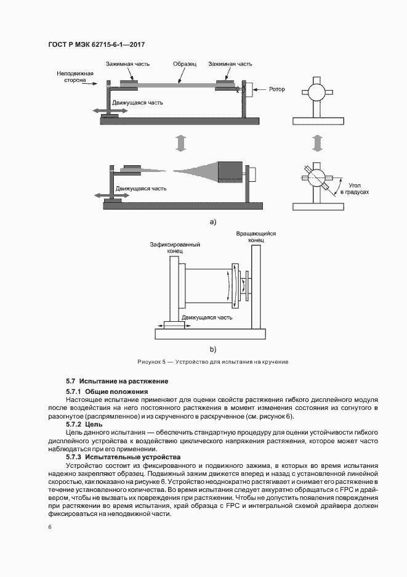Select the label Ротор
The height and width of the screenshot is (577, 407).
pyautogui.click(x=276, y=89)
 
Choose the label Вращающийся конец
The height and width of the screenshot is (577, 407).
pyautogui.click(x=256, y=237)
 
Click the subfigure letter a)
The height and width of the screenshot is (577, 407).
pyautogui.click(x=213, y=220)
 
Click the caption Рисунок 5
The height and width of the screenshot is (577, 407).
pyautogui.click(x=212, y=361)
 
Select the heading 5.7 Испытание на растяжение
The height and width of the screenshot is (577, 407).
pyautogui.click(x=117, y=382)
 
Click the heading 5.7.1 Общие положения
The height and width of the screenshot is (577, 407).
pyautogui.click(x=107, y=391)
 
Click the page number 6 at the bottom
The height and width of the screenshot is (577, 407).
pyautogui.click(x=50, y=528)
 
